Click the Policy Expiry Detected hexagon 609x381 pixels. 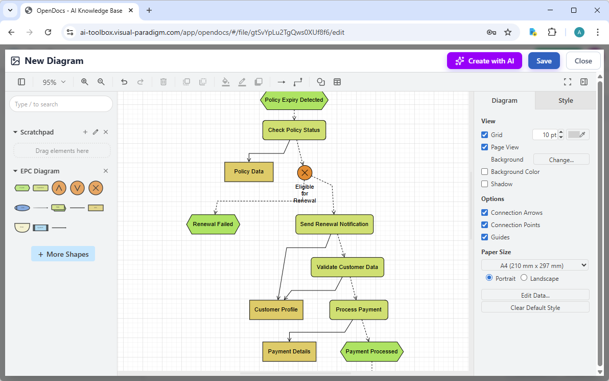coord(294,100)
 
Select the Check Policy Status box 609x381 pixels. coord(294,130)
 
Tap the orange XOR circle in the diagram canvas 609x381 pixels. coord(305,173)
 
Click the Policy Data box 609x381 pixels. coord(249,172)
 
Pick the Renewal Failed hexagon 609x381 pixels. coord(213,224)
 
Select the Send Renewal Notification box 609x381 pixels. coord(334,224)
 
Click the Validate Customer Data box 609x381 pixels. coord(347,267)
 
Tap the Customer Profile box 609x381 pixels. coord(276,309)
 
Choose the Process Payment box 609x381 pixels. coord(359,309)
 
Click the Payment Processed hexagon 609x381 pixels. coord(371,351)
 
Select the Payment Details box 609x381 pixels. coord(289,351)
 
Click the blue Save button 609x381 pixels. coord(544,61)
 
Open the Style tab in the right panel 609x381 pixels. coord(565,101)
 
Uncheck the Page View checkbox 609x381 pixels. coord(485,147)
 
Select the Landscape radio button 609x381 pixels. coord(524,278)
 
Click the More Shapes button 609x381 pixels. coord(63,254)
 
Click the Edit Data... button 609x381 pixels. coord(535,295)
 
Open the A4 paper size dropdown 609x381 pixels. coord(534,265)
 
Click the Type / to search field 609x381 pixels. coord(61,104)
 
